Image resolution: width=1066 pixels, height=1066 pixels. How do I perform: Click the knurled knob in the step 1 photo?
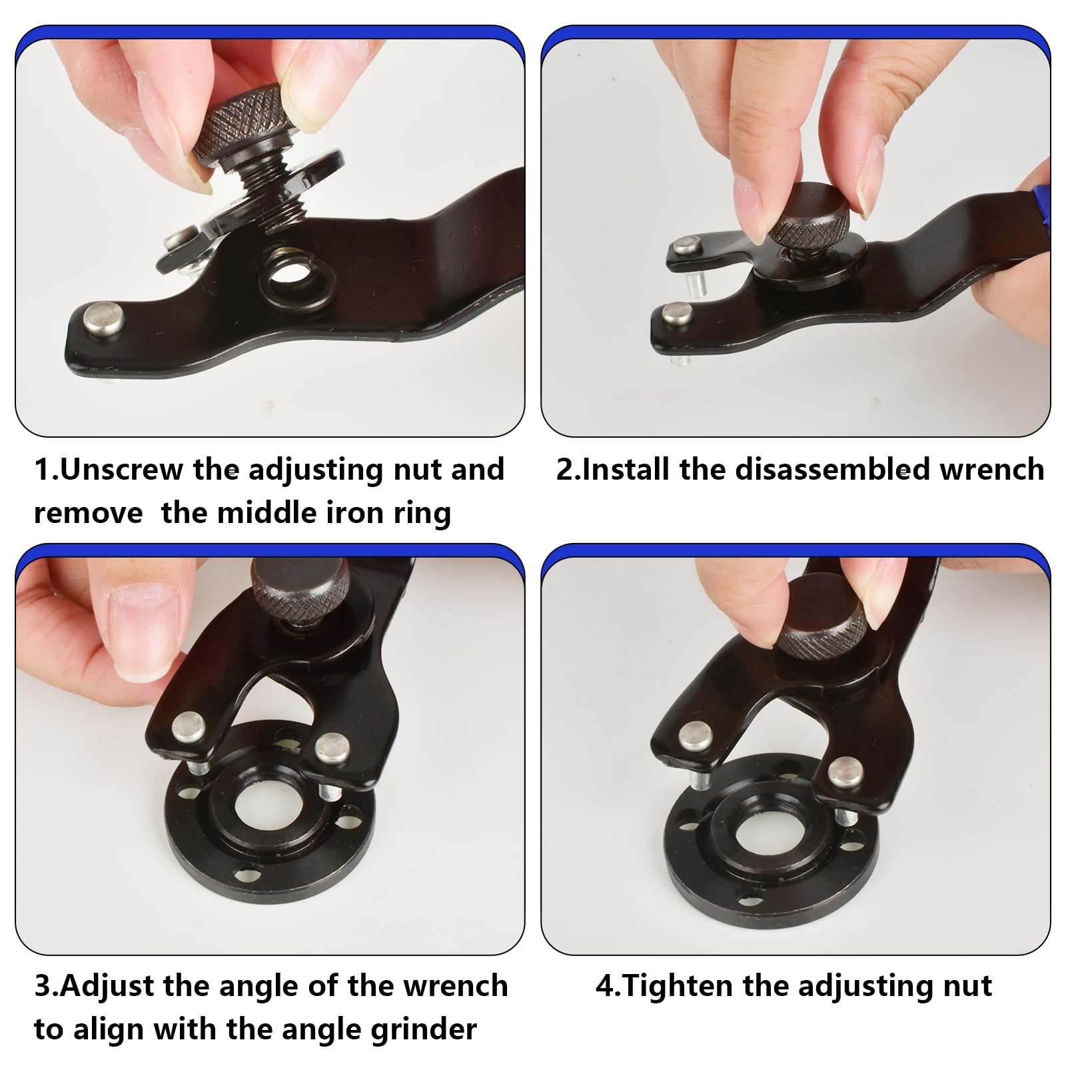(244, 127)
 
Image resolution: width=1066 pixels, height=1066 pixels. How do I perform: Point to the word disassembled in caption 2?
(832, 470)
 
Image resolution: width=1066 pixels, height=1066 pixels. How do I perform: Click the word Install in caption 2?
(626, 470)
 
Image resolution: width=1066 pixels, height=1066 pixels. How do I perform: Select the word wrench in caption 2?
(992, 470)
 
